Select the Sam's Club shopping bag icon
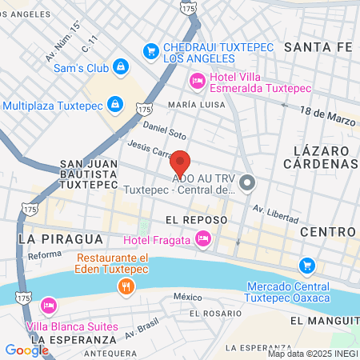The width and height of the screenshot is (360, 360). click(120, 66)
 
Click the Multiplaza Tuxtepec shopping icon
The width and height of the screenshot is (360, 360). click(116, 105)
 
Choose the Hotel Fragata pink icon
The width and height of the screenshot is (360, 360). click(203, 238)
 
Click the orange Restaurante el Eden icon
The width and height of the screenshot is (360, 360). click(124, 286)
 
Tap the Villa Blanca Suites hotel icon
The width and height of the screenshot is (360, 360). click(49, 306)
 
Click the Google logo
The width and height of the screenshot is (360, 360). click(26, 350)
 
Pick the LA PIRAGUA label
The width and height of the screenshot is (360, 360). click(62, 238)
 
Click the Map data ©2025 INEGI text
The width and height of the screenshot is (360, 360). click(313, 354)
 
